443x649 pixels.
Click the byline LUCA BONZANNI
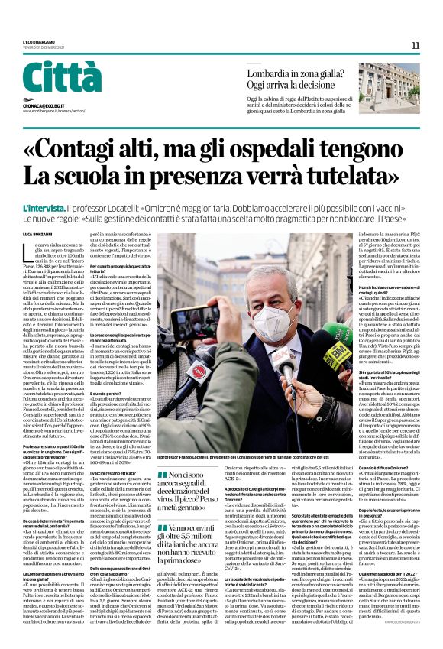click(x=37, y=232)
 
